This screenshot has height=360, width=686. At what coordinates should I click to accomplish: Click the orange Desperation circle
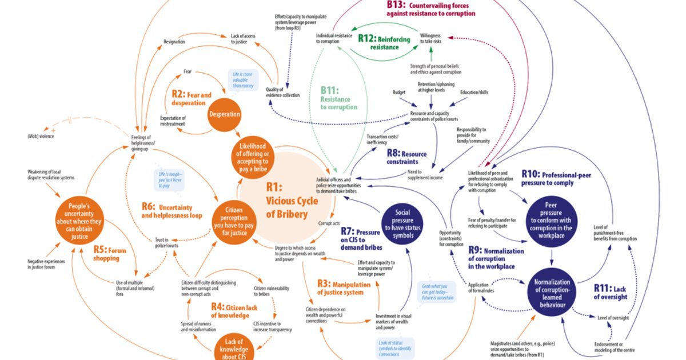point(225,114)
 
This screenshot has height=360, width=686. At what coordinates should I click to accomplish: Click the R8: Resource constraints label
point(406,158)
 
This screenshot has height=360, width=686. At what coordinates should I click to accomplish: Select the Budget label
point(398,92)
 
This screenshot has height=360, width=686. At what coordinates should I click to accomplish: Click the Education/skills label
point(474,92)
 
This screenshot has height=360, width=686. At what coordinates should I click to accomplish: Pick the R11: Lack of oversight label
point(611,292)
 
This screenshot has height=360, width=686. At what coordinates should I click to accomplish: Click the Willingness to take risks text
point(430,38)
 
